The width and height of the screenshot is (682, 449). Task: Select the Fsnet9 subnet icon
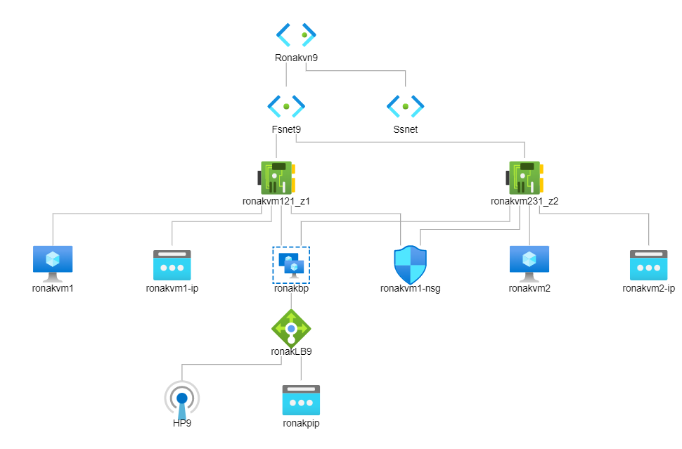(x=286, y=106)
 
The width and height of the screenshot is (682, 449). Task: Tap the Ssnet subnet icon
(x=406, y=106)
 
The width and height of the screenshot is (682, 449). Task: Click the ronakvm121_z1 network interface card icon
(x=276, y=178)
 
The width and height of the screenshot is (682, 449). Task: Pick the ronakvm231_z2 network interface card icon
(x=525, y=178)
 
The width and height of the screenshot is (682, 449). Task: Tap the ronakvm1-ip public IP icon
(x=172, y=265)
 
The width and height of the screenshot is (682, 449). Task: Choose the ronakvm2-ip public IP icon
(x=648, y=265)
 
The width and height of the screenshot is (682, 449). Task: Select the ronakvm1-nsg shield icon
(x=410, y=264)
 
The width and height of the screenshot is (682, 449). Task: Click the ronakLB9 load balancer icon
(x=291, y=327)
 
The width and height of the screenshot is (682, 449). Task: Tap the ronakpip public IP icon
(x=301, y=399)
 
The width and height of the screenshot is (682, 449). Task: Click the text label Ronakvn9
(x=296, y=58)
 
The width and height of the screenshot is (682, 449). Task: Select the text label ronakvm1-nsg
(x=410, y=288)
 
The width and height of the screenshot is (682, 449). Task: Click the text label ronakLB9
(x=291, y=351)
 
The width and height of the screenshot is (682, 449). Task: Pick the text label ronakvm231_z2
(x=525, y=201)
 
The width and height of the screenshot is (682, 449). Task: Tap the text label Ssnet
(x=406, y=129)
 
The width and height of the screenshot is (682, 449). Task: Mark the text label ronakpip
(x=301, y=423)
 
